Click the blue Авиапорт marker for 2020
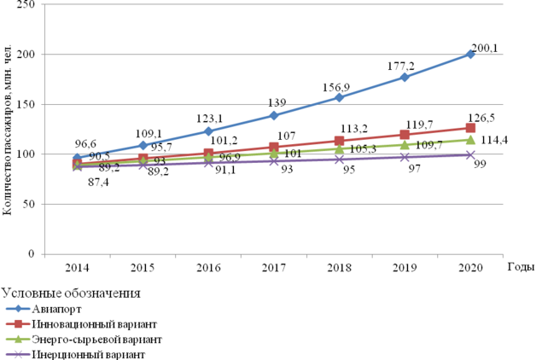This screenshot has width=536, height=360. coord(470,55)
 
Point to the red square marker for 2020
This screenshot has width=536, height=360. coord(470,128)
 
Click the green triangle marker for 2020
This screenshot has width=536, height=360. coord(470,140)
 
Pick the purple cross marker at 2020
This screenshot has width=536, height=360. coord(470,155)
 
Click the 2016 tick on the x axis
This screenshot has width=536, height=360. coord(208,268)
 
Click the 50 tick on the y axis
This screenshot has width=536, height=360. coord(27,205)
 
